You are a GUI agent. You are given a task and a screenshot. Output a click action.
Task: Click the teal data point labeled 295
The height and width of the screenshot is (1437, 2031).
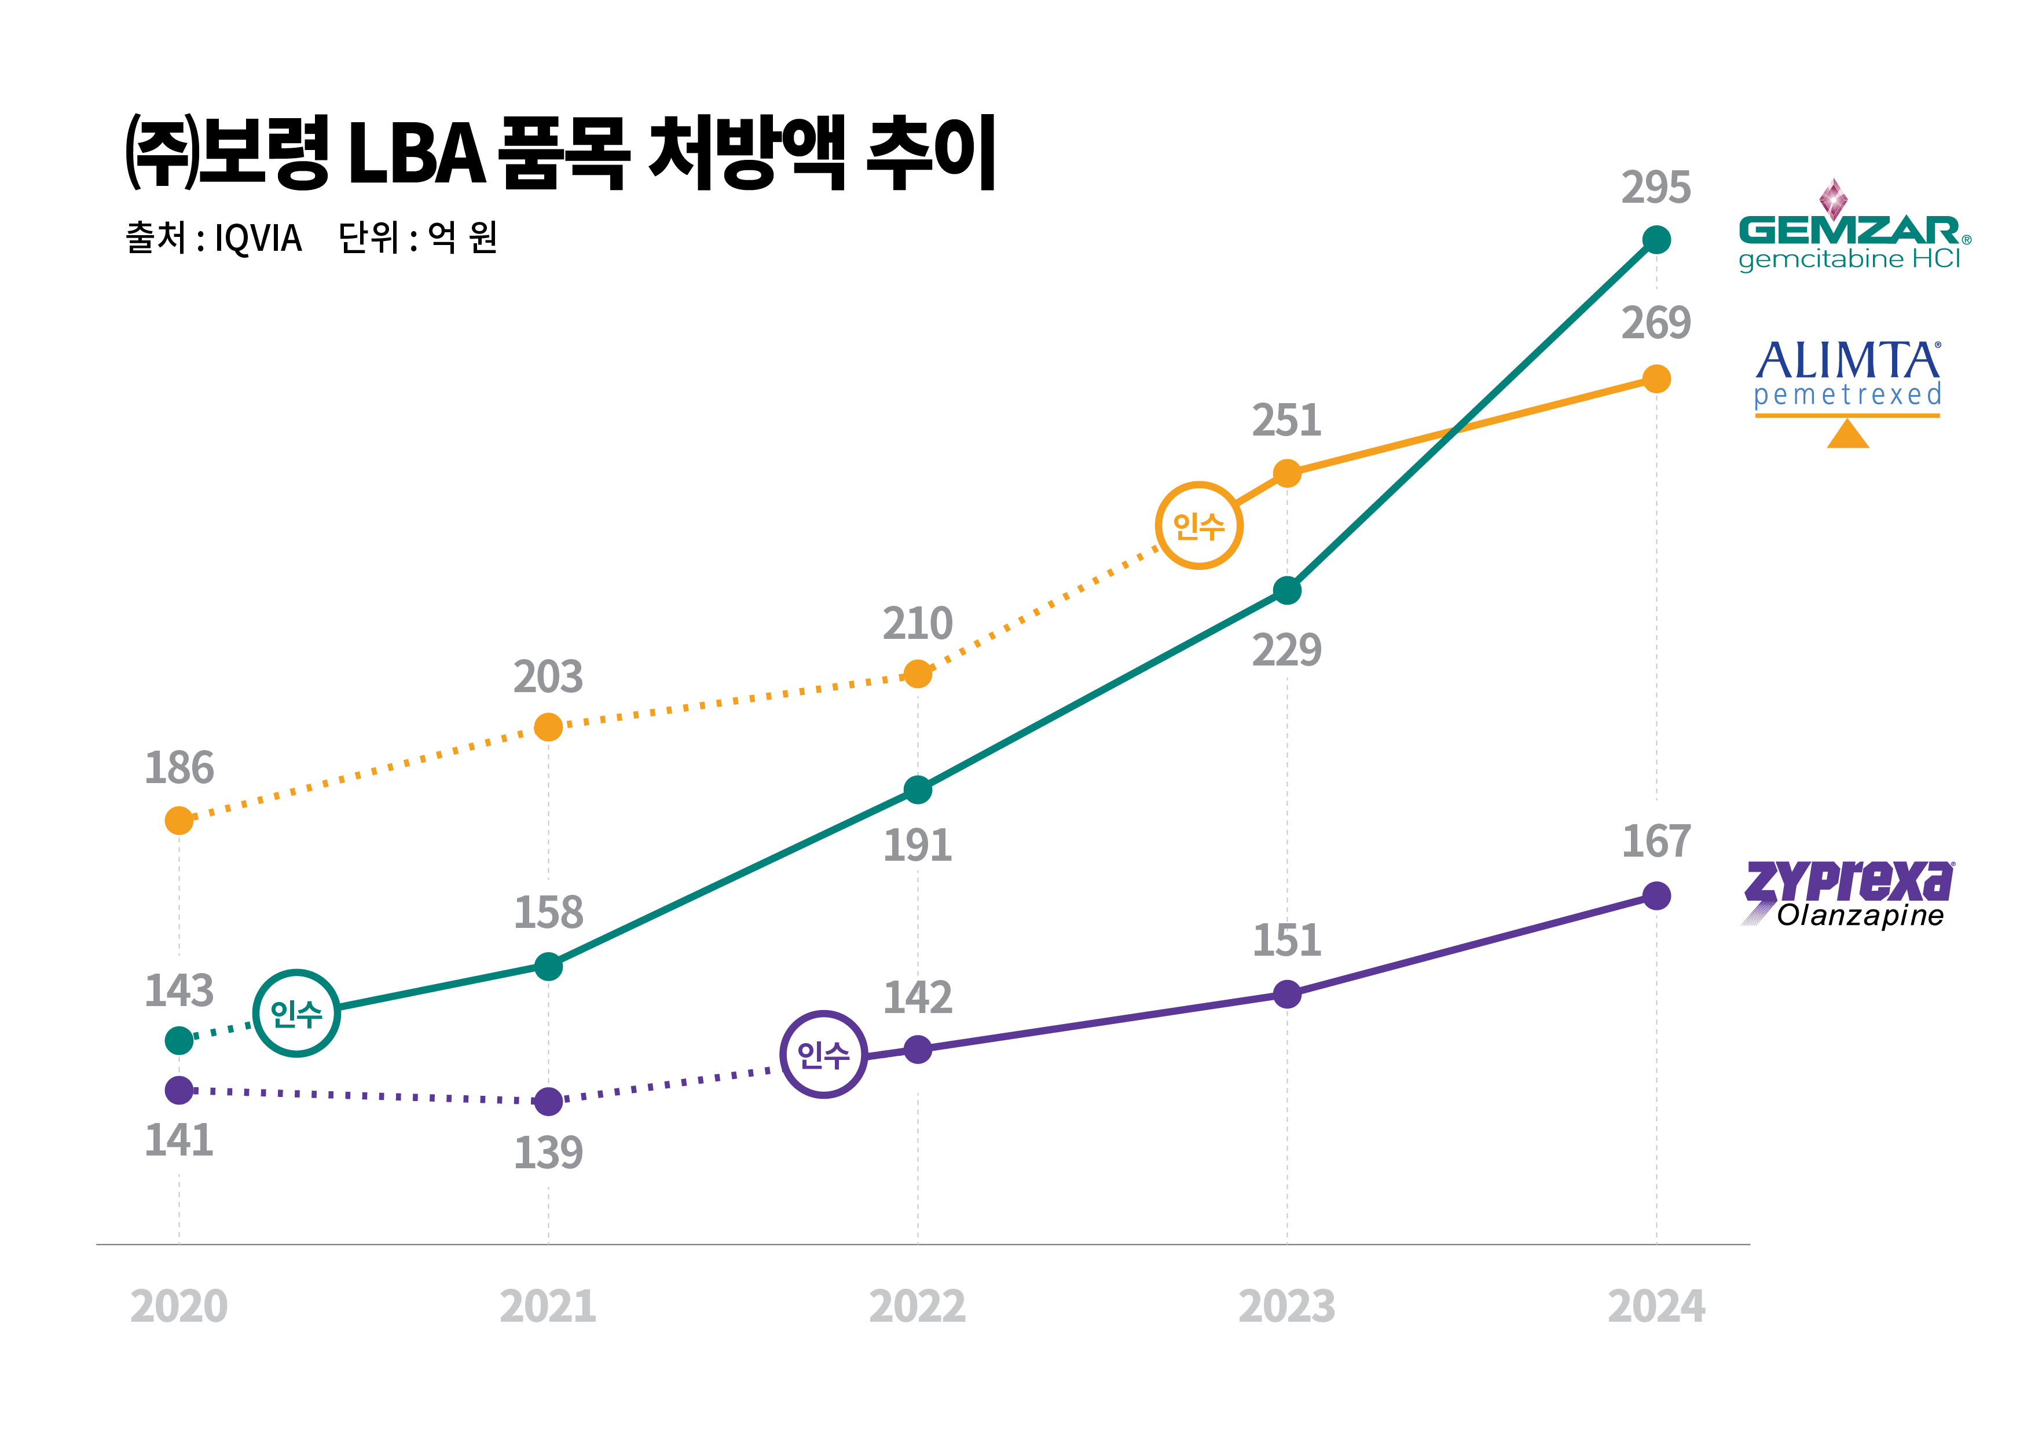(x=1656, y=240)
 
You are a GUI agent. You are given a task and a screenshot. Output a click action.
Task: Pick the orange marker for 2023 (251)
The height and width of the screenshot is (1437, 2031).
(x=1287, y=473)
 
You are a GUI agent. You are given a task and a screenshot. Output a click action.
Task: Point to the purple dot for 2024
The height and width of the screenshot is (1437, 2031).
(x=1656, y=895)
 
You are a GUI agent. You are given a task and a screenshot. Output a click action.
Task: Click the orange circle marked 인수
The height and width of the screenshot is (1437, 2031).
(x=1198, y=525)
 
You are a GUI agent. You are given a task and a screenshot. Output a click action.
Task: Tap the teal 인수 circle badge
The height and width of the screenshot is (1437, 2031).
(x=296, y=1013)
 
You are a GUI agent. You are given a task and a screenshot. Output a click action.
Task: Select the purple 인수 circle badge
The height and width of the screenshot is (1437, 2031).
(x=823, y=1054)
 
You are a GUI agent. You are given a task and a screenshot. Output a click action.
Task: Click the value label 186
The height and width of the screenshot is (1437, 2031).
(x=179, y=768)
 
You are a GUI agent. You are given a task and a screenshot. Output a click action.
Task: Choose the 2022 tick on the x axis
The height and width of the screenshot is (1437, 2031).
(x=917, y=1306)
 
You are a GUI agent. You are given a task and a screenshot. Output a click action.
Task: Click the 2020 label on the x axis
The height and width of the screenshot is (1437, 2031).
(x=179, y=1306)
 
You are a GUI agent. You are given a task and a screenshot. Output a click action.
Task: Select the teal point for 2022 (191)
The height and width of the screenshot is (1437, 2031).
(x=917, y=790)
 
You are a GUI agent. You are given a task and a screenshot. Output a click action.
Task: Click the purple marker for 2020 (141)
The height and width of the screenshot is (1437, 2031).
(x=179, y=1090)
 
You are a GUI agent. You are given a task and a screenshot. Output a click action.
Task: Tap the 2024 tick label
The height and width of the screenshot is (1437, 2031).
(x=1656, y=1306)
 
